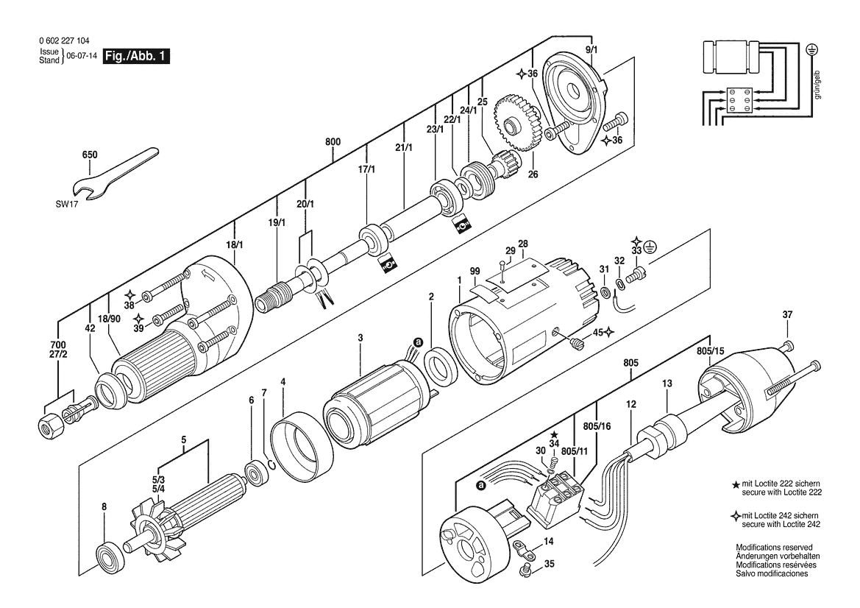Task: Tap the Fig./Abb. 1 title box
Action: [135, 56]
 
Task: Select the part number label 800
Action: [333, 141]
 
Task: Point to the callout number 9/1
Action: [591, 50]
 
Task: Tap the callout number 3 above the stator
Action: [360, 338]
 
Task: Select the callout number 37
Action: [787, 314]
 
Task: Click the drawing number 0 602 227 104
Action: [64, 40]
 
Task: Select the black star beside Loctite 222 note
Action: [736, 484]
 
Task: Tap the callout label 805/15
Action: [711, 350]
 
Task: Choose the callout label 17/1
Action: [366, 169]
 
